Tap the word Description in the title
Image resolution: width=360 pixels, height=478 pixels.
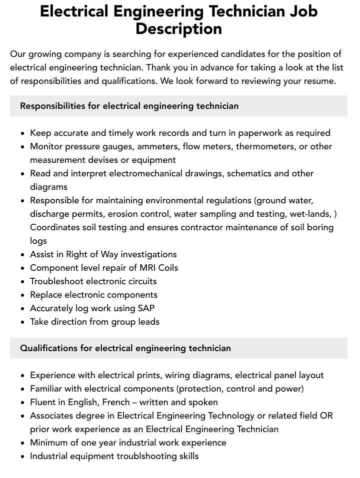point(178,28)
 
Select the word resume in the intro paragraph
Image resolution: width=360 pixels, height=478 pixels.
point(318,81)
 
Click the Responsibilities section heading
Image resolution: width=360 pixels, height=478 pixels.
point(129,106)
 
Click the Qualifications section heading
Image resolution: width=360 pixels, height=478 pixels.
point(125,348)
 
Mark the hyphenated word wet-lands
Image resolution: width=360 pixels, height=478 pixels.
point(312,214)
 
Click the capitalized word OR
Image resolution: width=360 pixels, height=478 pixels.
point(326,416)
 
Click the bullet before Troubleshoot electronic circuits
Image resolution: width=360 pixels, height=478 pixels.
point(22,282)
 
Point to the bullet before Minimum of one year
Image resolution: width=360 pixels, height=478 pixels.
point(22,443)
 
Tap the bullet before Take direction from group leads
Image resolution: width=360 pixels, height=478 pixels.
point(22,322)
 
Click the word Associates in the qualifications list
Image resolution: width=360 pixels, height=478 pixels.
point(51,416)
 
